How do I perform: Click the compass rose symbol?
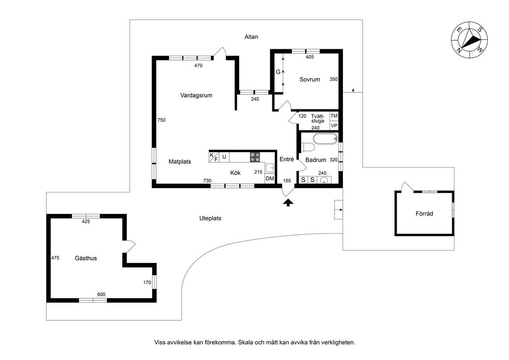click(x=469, y=40)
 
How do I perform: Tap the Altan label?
click(x=251, y=37)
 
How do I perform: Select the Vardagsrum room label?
click(x=196, y=95)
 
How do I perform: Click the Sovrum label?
click(x=309, y=80)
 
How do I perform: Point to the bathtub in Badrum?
click(x=326, y=139)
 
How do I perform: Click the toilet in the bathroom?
click(x=308, y=147)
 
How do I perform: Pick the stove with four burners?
click(x=255, y=157)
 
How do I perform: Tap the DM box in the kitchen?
click(x=270, y=179)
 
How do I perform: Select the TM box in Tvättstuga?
click(x=334, y=116)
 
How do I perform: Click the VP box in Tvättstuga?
click(x=334, y=125)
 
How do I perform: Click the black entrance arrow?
click(x=288, y=203)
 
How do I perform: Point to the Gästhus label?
click(x=85, y=259)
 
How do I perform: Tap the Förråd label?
click(x=424, y=214)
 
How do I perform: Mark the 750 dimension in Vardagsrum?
click(x=162, y=120)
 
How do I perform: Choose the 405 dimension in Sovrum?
click(x=310, y=57)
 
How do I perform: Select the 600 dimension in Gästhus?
click(x=101, y=294)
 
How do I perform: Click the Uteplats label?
click(x=210, y=218)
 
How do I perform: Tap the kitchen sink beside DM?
click(x=270, y=168)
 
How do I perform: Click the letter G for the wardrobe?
click(x=278, y=72)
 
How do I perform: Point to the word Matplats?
click(x=180, y=162)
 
